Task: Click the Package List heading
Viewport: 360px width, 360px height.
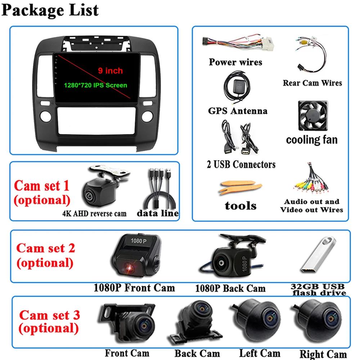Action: pos(50,10)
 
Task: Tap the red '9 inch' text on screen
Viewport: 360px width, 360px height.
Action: pos(111,71)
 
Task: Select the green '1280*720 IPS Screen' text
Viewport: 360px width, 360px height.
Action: pos(95,85)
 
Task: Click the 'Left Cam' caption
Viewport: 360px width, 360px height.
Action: pos(260,353)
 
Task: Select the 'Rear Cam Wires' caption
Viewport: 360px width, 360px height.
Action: pos(312,83)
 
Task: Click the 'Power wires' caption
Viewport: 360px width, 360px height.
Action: pos(235,62)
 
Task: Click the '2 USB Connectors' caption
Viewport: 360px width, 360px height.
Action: pos(241,165)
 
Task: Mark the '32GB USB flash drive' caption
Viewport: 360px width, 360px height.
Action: pos(318,289)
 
